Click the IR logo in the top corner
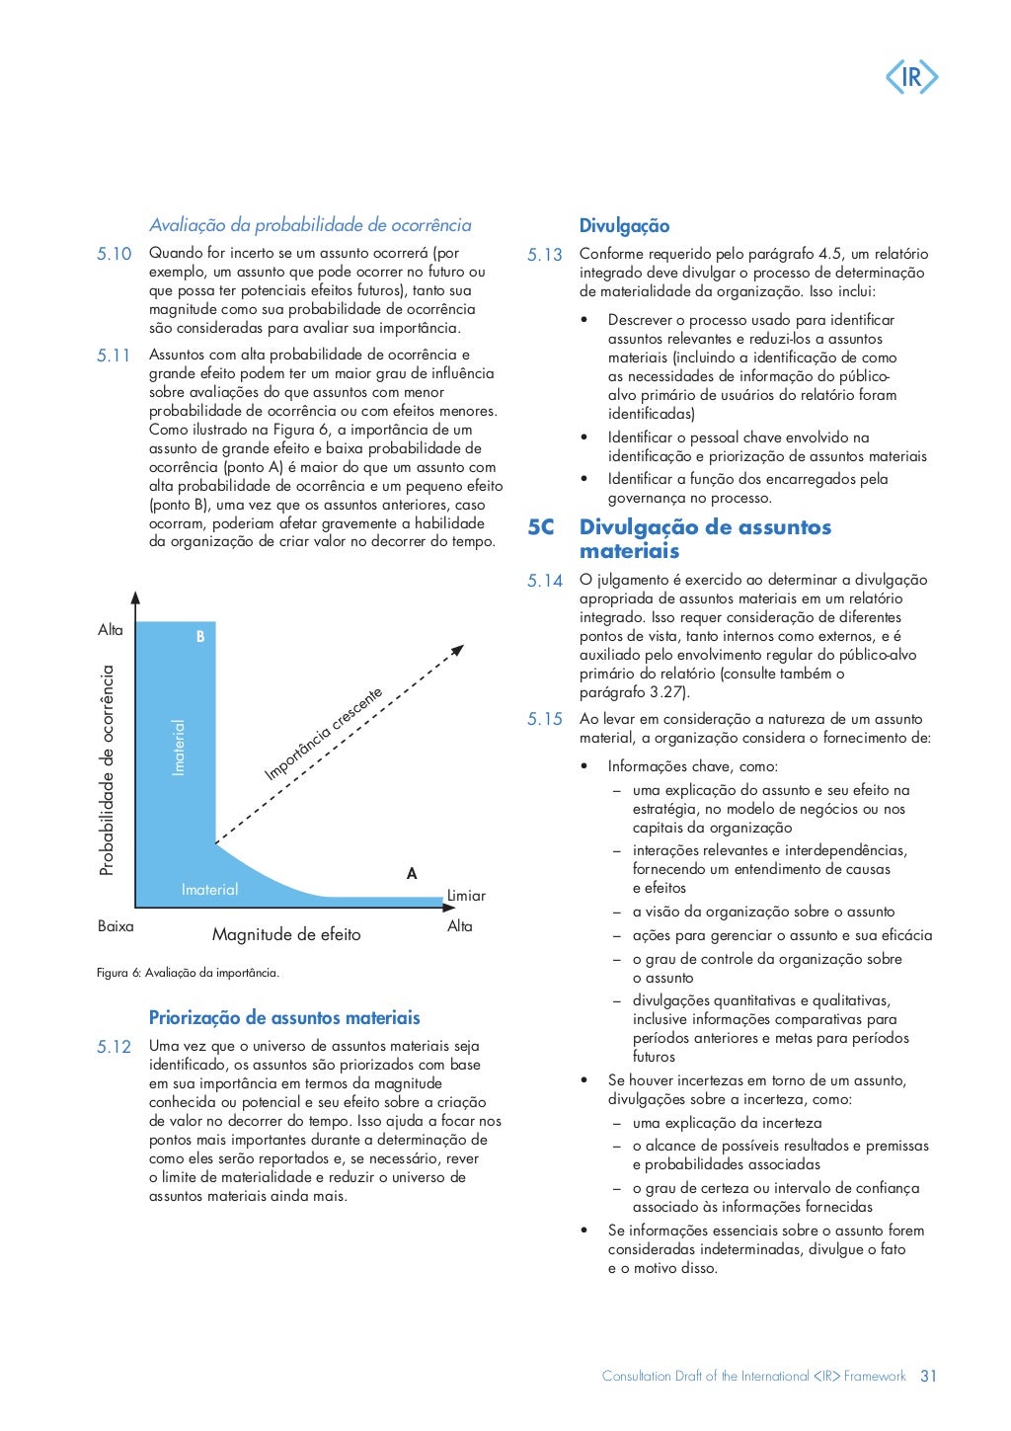[x=911, y=77]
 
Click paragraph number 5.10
[x=114, y=254]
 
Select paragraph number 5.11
[x=114, y=356]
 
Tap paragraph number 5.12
[x=114, y=1047]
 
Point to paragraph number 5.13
[x=544, y=255]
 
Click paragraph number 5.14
[x=544, y=581]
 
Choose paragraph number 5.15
[x=544, y=720]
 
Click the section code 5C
[x=541, y=527]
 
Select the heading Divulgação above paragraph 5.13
[x=624, y=226]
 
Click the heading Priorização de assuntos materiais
[x=284, y=1018]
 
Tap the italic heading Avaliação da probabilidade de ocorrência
[x=310, y=225]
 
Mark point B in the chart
[x=200, y=637]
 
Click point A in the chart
[x=412, y=874]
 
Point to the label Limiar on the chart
[x=466, y=896]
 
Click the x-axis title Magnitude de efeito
[x=286, y=934]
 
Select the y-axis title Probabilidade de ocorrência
[x=107, y=770]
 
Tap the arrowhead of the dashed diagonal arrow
[x=458, y=650]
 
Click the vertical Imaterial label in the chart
[x=179, y=747]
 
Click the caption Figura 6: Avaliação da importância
[x=188, y=973]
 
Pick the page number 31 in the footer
[x=928, y=1376]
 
